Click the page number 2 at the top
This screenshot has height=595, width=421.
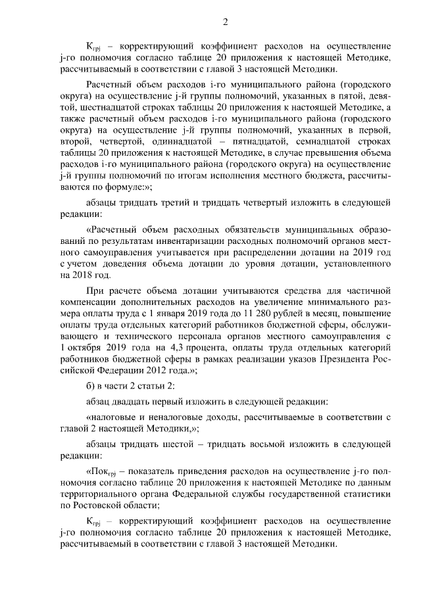[225, 24]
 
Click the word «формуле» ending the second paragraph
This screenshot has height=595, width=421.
[127, 187]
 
